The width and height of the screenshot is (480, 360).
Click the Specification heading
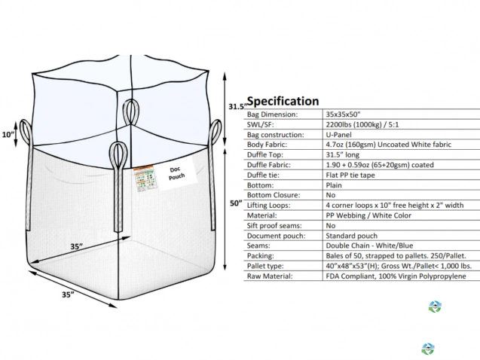tap(283, 101)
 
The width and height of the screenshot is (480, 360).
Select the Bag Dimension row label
tap(272, 114)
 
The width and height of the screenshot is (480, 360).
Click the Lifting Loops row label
tap(271, 205)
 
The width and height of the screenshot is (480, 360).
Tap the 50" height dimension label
tap(235, 203)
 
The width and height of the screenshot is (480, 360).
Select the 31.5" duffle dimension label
tap(237, 106)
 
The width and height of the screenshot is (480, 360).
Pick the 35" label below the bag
tap(68, 294)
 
